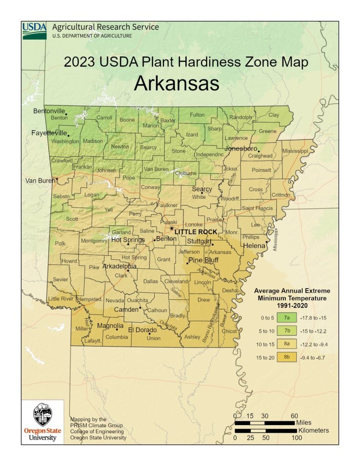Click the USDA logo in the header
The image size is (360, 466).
(35, 30)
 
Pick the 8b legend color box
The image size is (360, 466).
(287, 358)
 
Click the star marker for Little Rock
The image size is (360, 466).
(172, 228)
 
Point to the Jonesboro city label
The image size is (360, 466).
(241, 149)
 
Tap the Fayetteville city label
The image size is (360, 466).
(49, 133)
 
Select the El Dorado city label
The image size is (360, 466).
(142, 330)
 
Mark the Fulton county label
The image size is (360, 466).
(197, 115)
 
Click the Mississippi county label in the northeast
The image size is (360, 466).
(295, 150)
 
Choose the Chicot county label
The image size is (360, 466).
(229, 331)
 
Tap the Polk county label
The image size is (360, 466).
(60, 243)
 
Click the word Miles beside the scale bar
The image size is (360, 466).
(304, 423)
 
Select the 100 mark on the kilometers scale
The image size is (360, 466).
(296, 438)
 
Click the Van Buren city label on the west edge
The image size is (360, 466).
(39, 181)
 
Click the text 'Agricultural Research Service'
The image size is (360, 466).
(106, 27)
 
